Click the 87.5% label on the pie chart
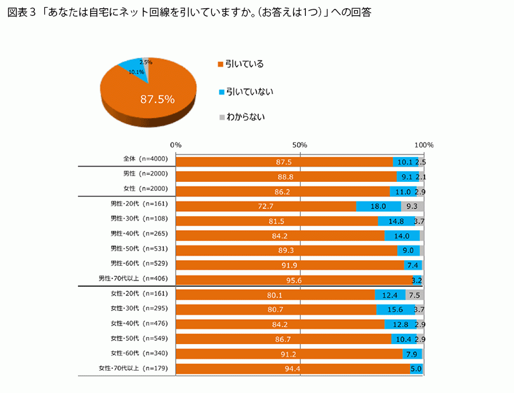(157, 99)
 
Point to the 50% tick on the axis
(300, 145)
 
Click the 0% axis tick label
(176, 145)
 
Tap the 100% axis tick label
(423, 145)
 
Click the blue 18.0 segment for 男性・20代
(378, 206)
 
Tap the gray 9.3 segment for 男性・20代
(412, 206)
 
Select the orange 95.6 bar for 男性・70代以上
(293, 280)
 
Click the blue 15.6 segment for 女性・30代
(395, 310)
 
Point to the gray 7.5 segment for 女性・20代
(414, 294)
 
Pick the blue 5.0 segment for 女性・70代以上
(416, 368)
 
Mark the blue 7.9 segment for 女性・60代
(412, 354)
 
